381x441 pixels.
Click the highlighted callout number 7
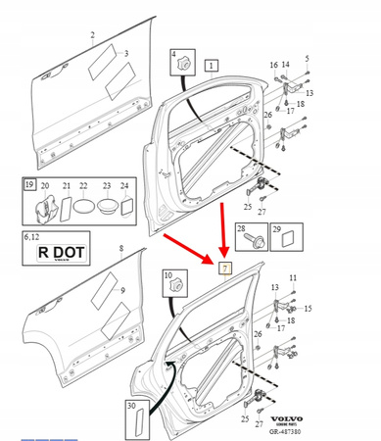pyautogui.click(x=225, y=268)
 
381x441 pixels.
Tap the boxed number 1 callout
pyautogui.click(x=213, y=65)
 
